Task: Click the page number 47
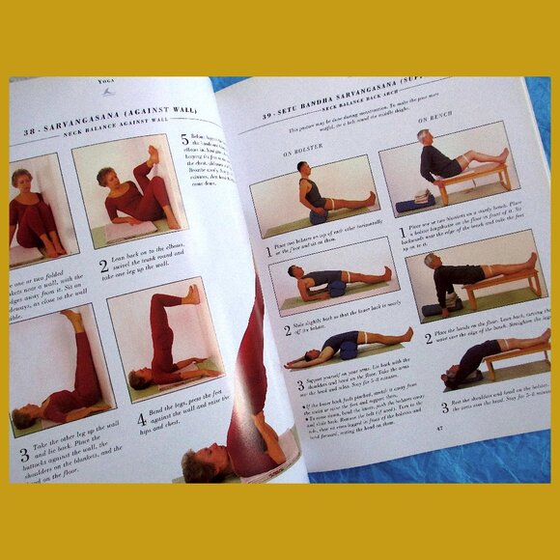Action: tap(438, 426)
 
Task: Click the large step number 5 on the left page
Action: tap(185, 141)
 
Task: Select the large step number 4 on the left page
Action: tap(141, 419)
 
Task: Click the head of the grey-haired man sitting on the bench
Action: tap(424, 137)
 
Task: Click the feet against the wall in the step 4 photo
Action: tap(190, 294)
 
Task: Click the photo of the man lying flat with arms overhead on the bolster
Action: tap(348, 349)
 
